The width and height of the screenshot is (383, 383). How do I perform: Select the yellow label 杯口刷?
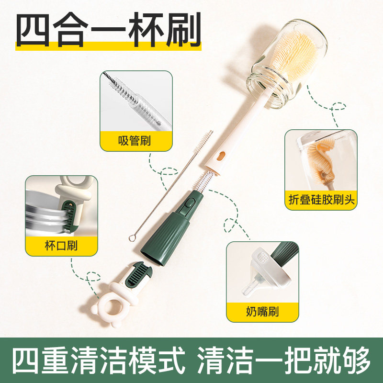(61, 246)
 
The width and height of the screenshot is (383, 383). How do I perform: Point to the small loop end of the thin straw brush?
(131, 237)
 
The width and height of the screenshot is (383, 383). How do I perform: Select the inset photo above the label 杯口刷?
(61, 206)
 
